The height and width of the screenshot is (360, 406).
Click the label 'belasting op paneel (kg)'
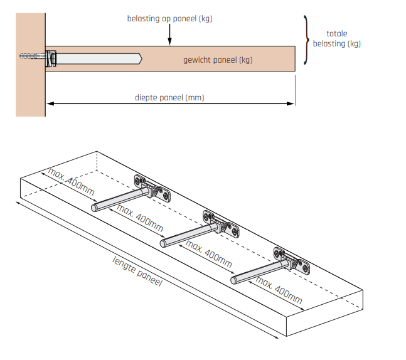(169, 19)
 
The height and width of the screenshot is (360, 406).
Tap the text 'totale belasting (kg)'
(337, 39)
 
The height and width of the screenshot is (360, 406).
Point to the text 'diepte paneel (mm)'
(169, 97)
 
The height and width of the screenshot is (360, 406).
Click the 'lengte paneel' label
(137, 271)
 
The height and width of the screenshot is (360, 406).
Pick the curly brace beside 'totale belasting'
(306, 40)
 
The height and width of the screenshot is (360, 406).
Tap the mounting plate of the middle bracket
(222, 224)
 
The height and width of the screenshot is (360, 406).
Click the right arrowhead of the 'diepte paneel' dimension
(292, 103)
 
